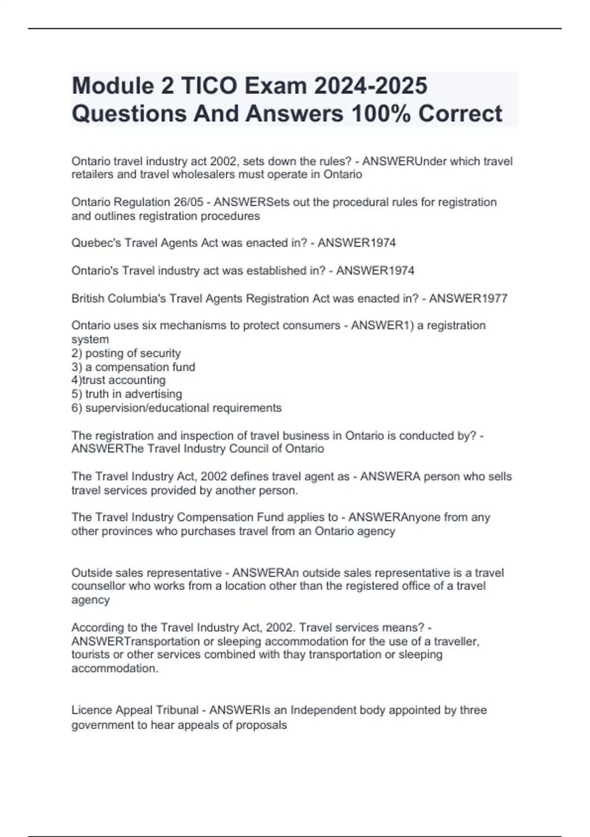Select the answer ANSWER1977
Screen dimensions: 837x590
(468, 298)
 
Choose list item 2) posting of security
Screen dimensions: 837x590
(126, 353)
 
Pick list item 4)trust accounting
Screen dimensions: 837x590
(118, 380)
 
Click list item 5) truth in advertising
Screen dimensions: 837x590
(127, 394)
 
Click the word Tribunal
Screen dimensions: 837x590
(177, 710)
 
